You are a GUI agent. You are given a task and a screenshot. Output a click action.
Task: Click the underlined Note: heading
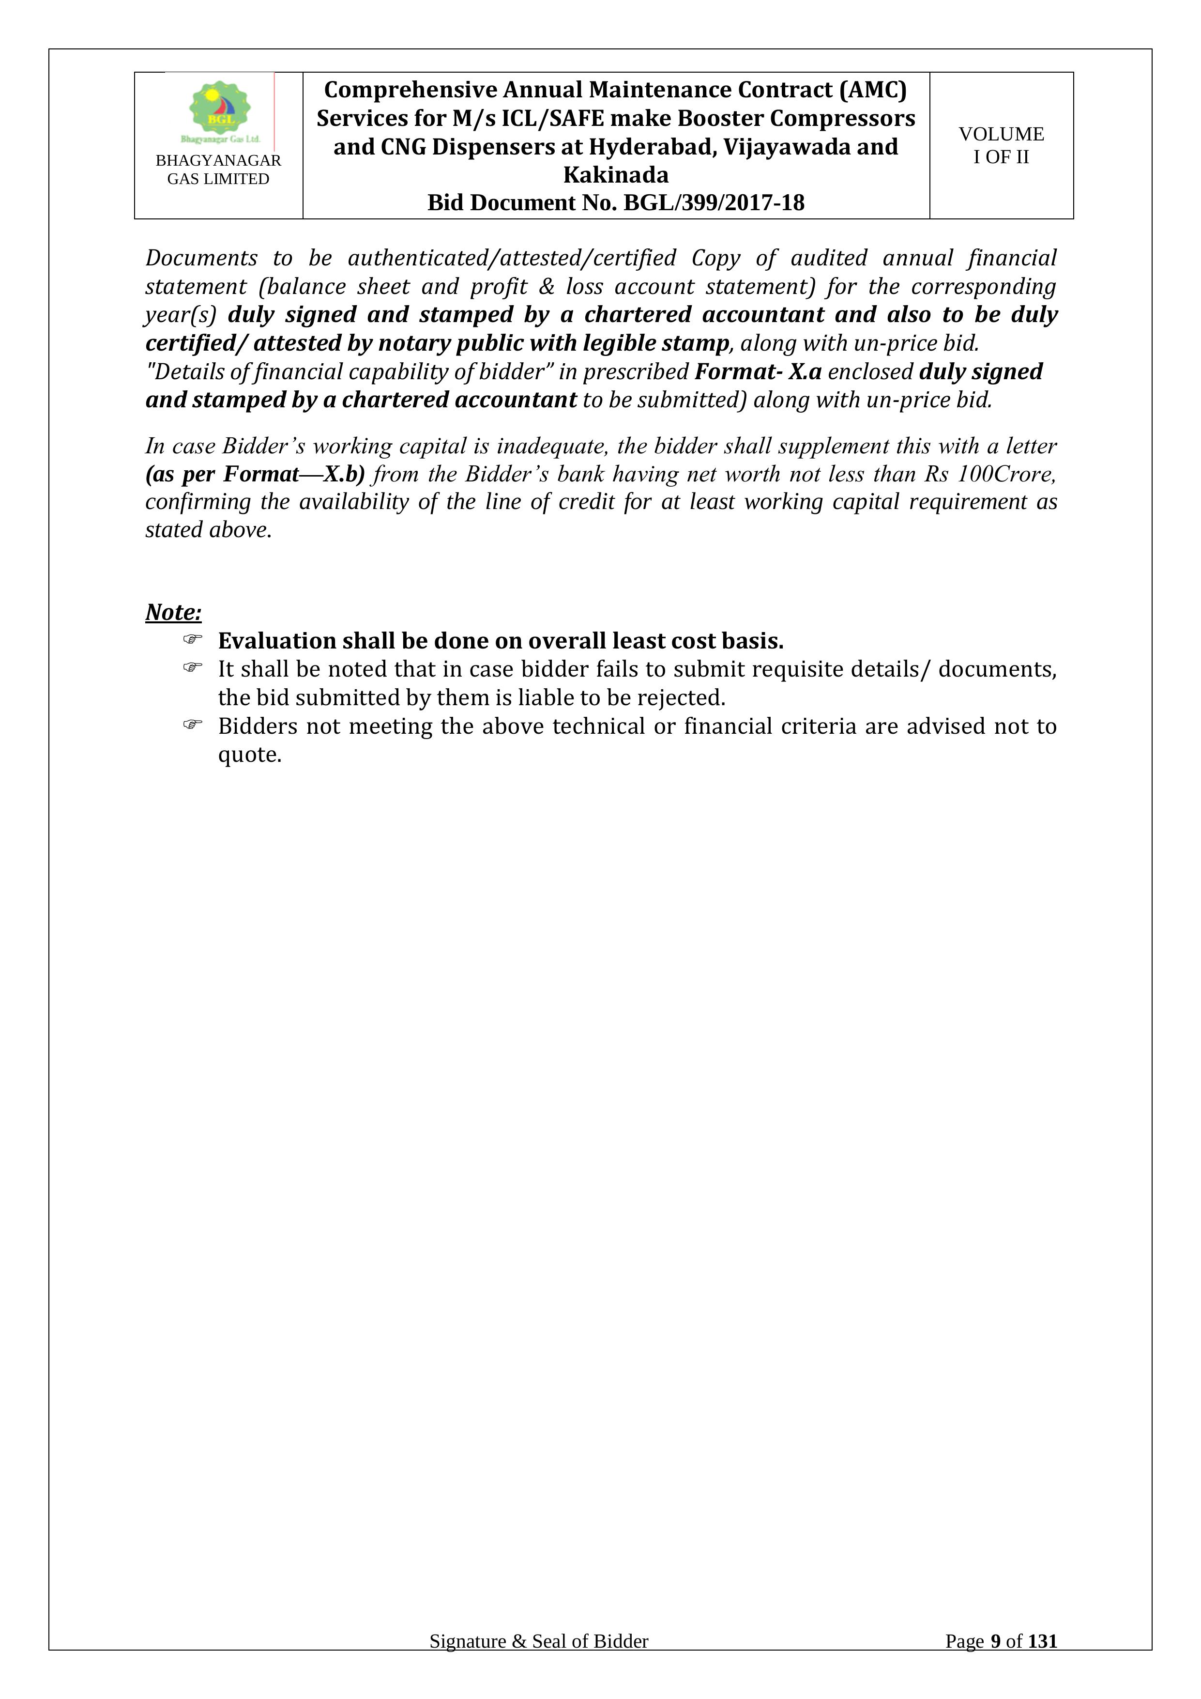[173, 612]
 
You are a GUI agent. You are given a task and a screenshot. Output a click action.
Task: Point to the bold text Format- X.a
[758, 371]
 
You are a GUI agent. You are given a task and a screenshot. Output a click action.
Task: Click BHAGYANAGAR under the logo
[218, 161]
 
